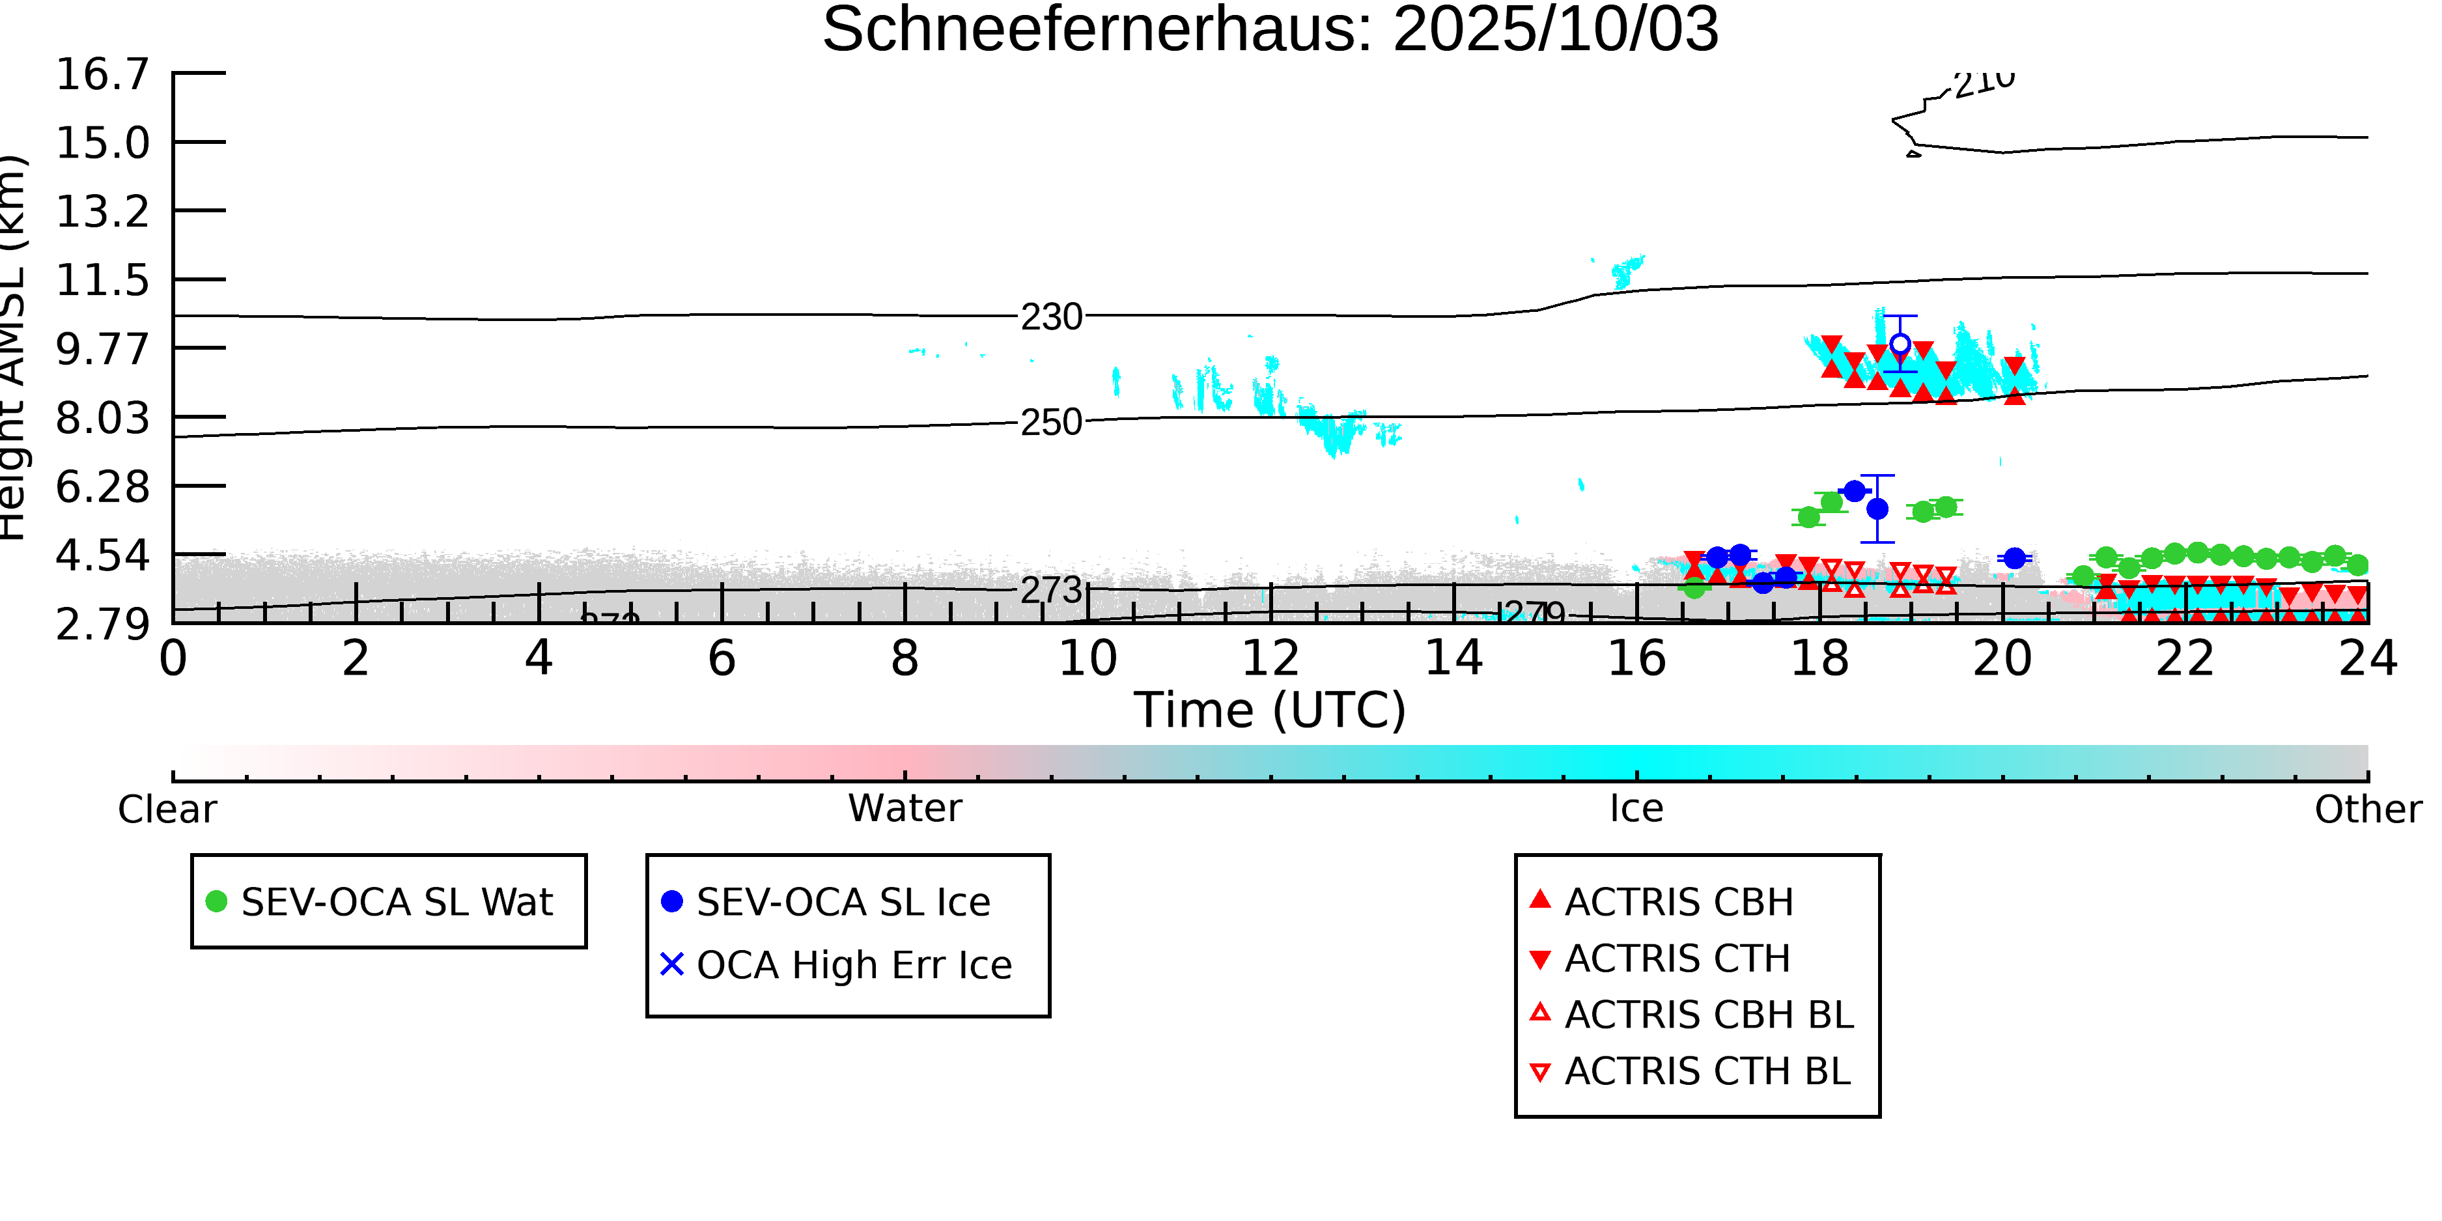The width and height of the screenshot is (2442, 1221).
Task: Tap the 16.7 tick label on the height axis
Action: point(102,74)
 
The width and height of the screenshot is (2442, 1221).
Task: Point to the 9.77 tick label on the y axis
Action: point(102,349)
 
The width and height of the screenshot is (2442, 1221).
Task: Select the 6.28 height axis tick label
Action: point(102,486)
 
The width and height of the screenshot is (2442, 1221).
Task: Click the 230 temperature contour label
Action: point(1050,316)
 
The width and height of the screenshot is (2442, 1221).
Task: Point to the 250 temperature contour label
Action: point(1050,422)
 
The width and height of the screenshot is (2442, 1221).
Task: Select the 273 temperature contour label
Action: point(1050,591)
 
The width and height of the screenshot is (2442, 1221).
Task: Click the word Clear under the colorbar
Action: point(167,809)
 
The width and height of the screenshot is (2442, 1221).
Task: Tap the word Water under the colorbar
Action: point(905,809)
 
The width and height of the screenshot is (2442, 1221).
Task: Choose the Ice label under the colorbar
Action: point(1636,809)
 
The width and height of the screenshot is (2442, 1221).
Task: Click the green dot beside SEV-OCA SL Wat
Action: point(216,901)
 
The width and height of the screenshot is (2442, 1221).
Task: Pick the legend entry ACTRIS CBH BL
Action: point(1708,1015)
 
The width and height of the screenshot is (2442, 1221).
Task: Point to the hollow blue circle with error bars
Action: point(1900,344)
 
